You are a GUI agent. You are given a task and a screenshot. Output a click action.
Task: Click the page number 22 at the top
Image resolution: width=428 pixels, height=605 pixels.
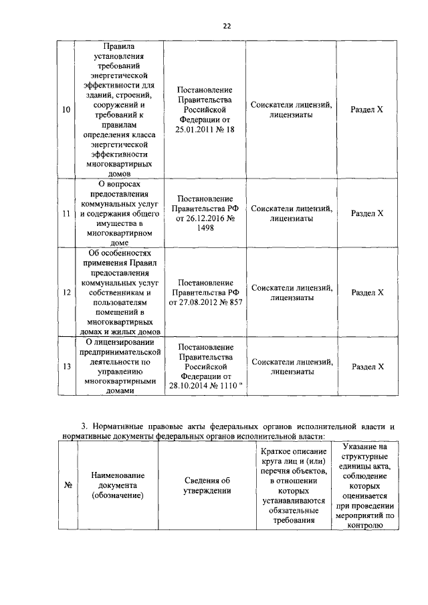(x=227, y=25)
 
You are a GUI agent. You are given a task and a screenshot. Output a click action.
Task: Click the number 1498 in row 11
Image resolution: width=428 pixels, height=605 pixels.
(x=205, y=227)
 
